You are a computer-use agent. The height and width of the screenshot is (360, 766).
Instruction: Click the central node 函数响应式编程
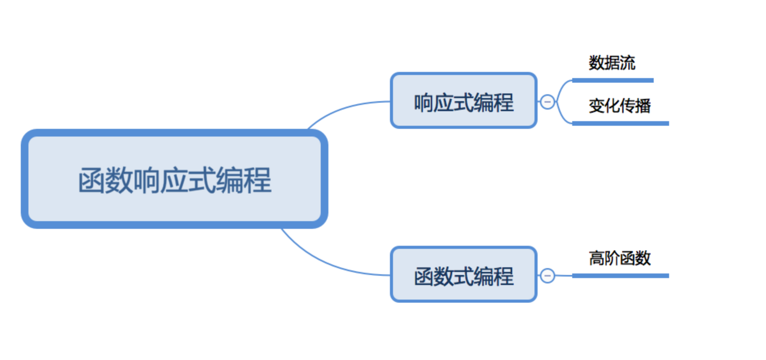pos(174,179)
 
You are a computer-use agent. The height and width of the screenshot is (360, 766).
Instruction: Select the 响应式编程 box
pos(463,100)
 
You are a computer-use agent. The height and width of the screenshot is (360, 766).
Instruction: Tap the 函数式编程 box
pos(463,274)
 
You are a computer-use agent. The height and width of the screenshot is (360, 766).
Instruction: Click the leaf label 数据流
pos(612,63)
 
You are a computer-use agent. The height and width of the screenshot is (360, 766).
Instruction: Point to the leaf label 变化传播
pos(619,106)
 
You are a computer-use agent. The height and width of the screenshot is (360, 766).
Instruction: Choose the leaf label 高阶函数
pos(619,258)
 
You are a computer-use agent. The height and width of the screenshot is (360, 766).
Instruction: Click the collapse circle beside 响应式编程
pos(547,102)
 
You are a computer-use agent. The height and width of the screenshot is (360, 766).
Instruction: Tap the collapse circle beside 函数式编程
pos(547,275)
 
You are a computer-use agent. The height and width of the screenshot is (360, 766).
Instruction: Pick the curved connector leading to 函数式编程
pos(331,265)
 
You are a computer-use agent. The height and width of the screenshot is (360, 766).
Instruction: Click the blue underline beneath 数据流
pos(613,80)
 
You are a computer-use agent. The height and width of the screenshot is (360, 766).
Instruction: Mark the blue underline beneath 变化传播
pos(620,123)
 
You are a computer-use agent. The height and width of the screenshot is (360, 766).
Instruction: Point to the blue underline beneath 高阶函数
pos(620,276)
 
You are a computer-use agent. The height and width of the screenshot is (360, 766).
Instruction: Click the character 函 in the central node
pos(92,180)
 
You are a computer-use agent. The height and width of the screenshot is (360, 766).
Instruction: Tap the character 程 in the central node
pos(258,180)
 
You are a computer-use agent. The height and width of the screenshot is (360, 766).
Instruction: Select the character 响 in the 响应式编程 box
pos(423,103)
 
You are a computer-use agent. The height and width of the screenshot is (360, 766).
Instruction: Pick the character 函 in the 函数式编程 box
pos(423,277)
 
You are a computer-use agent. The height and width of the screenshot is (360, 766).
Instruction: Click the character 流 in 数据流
pos(628,63)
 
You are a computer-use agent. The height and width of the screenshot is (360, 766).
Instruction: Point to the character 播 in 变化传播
pos(643,106)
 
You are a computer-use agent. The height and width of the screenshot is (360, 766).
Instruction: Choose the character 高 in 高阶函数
pos(596,258)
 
